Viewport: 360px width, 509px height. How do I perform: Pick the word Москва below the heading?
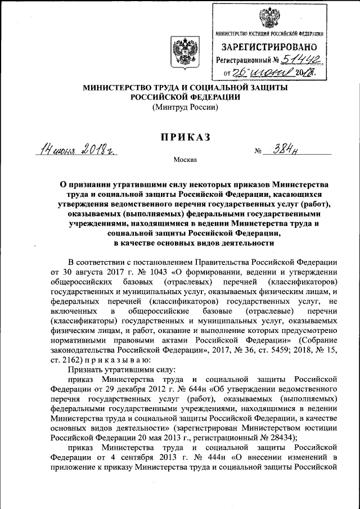pyautogui.click(x=186, y=160)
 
